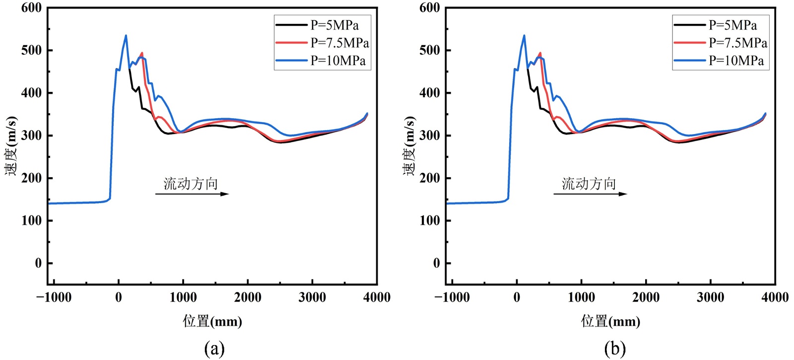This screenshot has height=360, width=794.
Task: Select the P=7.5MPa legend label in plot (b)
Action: point(738,43)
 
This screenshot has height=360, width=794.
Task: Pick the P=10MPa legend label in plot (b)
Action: point(736,61)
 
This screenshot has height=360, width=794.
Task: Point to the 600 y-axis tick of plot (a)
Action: point(31,8)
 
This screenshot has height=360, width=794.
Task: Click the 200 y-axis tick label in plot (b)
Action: point(429,178)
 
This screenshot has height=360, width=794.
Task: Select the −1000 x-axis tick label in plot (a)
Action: point(54,297)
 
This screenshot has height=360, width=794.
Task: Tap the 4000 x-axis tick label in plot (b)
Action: point(775,297)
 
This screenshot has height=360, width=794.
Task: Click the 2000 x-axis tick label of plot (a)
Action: point(248,297)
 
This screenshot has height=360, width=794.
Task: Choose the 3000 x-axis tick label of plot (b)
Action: point(710,297)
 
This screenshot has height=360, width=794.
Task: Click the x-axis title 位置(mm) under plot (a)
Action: point(212,321)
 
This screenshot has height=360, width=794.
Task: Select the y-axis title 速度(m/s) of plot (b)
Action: point(409,146)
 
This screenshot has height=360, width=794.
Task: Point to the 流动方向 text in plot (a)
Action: point(191,184)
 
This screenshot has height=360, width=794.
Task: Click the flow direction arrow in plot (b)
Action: point(590,194)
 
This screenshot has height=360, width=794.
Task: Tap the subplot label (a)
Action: point(214,349)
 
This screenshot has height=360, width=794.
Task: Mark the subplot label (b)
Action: point(615,349)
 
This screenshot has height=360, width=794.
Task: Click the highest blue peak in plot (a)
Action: point(126,36)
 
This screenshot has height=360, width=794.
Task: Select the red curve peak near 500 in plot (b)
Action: point(540,53)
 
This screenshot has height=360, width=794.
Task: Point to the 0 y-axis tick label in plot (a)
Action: point(38,263)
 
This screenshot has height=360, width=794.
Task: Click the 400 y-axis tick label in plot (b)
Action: point(429,93)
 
